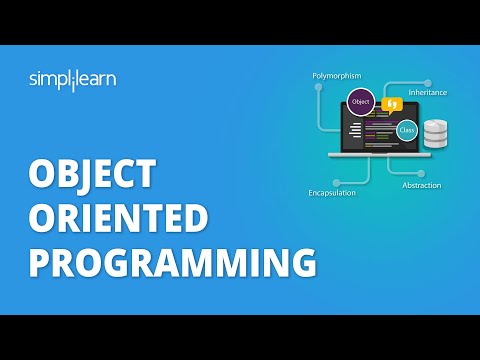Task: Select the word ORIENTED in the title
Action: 118,218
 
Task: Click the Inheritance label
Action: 428,93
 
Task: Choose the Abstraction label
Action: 421,186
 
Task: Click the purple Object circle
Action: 361,101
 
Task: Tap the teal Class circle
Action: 407,129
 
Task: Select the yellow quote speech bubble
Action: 393,103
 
